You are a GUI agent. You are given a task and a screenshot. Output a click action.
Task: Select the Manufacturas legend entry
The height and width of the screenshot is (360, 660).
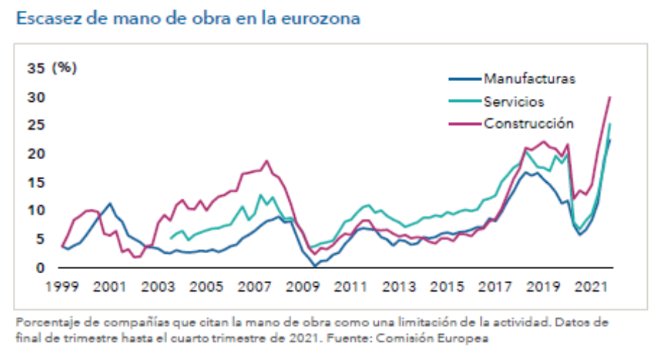[529, 79]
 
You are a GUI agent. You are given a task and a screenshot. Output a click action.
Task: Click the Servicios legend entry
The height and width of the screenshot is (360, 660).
[514, 101]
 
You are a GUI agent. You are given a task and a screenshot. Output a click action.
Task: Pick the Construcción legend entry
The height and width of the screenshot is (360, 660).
[529, 123]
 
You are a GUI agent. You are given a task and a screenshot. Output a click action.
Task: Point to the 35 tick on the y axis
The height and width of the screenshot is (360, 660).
[36, 68]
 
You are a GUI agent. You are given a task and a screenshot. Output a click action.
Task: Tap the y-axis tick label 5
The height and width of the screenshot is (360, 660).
[40, 239]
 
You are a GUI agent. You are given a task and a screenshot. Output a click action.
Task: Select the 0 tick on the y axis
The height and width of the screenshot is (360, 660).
[40, 267]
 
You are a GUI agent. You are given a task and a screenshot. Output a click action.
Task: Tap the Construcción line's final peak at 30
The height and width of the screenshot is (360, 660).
[610, 97]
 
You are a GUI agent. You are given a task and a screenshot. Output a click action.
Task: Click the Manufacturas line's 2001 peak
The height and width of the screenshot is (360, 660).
[110, 204]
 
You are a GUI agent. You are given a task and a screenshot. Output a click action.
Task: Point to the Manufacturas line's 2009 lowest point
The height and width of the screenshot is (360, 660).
[314, 266]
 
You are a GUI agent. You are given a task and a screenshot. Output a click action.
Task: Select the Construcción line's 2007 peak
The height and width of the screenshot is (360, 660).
[267, 161]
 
